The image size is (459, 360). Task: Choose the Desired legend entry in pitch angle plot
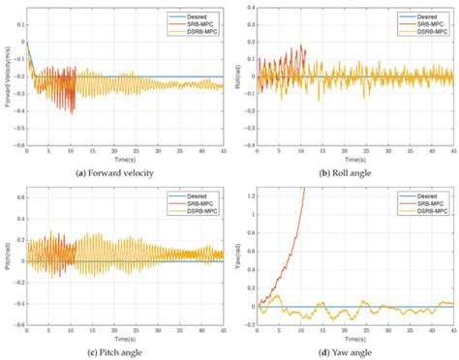pyautogui.click(x=199, y=193)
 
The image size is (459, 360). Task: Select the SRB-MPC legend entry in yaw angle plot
pyautogui.click(x=430, y=199)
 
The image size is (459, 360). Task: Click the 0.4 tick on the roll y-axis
pyautogui.click(x=248, y=8)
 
